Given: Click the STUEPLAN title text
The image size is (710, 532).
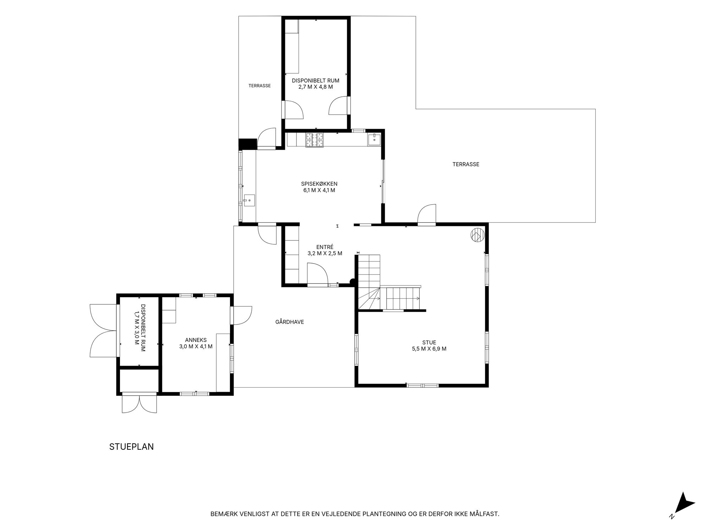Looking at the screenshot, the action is coord(131,447).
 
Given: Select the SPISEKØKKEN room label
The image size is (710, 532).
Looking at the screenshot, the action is coord(319,184).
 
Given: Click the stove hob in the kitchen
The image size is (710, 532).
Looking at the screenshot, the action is coord(315,139).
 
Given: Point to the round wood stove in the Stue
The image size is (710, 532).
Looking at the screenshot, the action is coord(478,235).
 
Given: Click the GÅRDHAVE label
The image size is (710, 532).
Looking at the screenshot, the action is coord(290,322).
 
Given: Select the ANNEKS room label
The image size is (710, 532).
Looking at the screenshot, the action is coord(196,340).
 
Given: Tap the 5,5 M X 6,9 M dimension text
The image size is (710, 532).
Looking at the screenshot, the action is coord(429,349).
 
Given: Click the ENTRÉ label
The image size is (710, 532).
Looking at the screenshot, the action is coord(325,247).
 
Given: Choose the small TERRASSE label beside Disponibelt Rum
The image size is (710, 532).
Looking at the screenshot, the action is coord(260,86).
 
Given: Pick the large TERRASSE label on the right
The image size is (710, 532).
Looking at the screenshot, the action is coord(466,164).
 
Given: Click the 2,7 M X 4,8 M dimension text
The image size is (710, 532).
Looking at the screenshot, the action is coord(316,87).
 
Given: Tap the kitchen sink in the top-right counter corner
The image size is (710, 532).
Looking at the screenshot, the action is coord(375,139).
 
